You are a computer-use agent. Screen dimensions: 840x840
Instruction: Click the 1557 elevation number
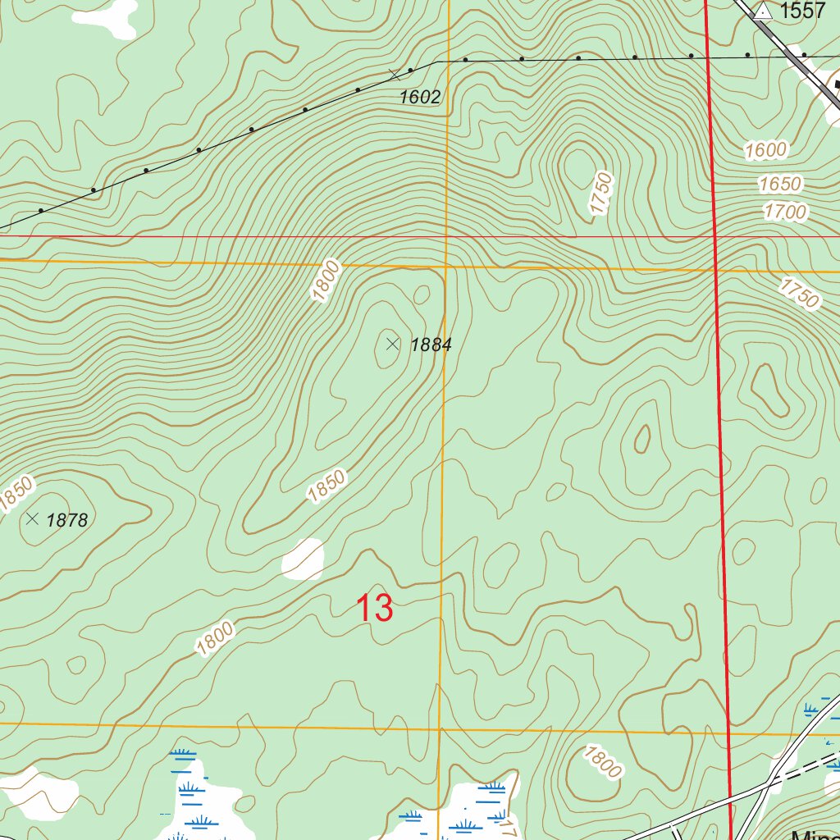tap(802, 11)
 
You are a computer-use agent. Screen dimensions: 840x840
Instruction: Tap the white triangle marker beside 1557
tap(764, 11)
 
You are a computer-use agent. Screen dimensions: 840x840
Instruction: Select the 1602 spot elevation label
tap(420, 97)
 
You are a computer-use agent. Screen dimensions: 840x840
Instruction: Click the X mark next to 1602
tap(395, 75)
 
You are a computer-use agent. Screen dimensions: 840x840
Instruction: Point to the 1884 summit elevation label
tap(431, 345)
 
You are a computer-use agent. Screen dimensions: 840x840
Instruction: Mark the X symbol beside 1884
tap(392, 344)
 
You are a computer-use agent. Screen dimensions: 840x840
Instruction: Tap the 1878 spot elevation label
tap(66, 519)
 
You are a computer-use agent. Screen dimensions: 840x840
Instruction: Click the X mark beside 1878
tap(32, 518)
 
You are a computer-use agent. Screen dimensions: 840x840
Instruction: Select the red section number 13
tap(374, 609)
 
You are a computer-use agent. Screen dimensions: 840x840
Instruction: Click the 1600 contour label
tap(766, 150)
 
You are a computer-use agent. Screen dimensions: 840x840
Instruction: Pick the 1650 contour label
tap(780, 183)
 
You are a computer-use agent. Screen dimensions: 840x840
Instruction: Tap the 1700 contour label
tap(784, 212)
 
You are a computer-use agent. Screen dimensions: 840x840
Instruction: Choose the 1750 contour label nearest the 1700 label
tap(800, 293)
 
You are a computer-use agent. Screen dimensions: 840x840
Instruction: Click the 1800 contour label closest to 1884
tap(326, 281)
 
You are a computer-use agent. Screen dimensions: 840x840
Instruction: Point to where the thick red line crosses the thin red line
tap(714, 236)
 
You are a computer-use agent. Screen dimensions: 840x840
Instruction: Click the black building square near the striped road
tap(838, 84)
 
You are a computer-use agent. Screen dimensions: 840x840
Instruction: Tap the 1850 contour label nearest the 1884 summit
tap(326, 486)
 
